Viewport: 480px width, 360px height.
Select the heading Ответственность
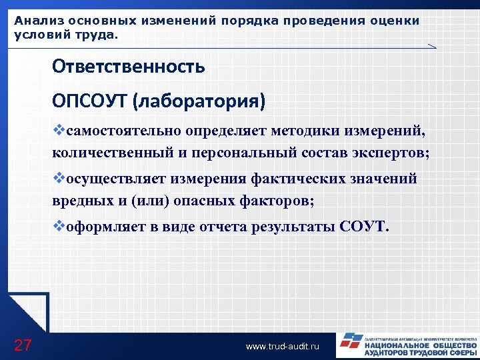click(129, 67)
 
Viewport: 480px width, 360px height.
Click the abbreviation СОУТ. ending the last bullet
click(363, 227)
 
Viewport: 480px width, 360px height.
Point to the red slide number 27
click(23, 345)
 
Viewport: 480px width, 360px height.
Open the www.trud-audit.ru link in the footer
click(283, 347)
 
